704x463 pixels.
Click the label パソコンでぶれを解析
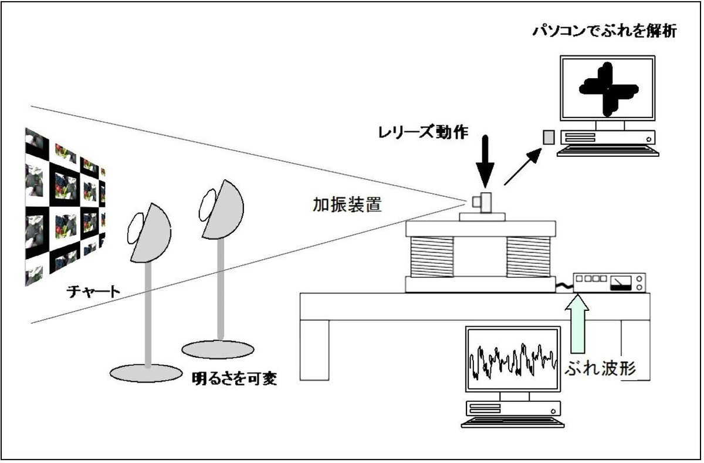coord(605,31)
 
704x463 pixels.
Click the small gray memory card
coord(548,137)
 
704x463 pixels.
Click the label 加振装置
coord(348,205)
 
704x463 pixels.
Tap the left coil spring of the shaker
coord(432,256)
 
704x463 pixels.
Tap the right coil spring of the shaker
coord(529,256)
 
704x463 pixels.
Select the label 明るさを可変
coord(235,378)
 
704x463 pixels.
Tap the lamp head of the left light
coord(148,232)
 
